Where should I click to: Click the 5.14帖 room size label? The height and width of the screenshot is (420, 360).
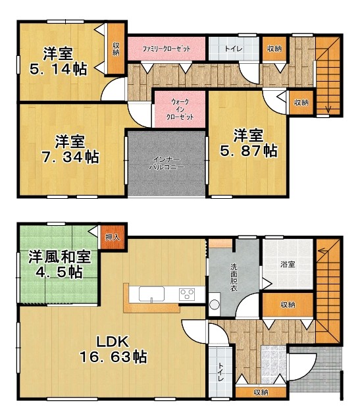58,69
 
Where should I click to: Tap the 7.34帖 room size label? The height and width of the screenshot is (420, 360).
70,157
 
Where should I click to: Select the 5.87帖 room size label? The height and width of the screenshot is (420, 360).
249,151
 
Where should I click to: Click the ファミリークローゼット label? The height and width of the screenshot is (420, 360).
166,49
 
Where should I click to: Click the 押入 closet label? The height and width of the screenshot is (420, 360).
113,237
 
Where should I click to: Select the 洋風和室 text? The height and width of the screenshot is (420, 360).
60,257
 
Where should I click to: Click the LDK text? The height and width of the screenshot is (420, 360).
113,341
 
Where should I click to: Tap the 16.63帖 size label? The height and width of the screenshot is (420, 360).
113,357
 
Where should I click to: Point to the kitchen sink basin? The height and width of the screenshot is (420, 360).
151,294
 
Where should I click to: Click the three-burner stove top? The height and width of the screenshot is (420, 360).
187,294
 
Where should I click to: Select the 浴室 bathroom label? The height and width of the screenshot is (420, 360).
288,265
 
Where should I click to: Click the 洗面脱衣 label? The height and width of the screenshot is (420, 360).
234,278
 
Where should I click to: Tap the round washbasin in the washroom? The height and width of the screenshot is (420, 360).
215,305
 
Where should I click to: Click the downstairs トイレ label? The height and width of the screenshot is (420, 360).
220,372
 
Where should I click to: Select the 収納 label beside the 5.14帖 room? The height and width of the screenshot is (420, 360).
116,49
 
